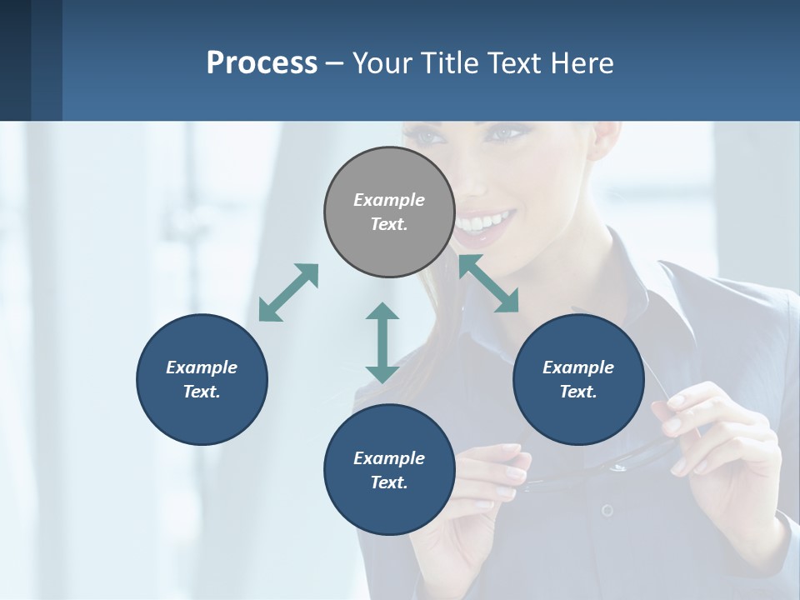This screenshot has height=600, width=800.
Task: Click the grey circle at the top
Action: tap(389, 212)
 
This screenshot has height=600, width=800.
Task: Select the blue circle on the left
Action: tap(202, 379)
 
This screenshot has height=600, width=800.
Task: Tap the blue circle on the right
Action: tap(578, 379)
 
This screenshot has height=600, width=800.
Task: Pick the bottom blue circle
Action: tap(389, 470)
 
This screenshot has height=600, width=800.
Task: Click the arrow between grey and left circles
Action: tap(288, 292)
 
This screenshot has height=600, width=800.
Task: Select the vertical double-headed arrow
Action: tap(382, 342)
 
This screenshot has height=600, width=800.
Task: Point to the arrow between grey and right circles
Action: tap(488, 283)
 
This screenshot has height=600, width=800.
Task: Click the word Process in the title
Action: tap(262, 62)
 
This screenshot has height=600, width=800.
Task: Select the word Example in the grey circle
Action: tap(389, 200)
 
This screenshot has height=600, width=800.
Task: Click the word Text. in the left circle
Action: tap(202, 392)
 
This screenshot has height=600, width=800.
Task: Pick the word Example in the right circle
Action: tap(578, 367)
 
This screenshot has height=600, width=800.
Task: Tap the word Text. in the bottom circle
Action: tap(389, 482)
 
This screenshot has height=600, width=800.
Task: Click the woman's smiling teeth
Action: tap(485, 222)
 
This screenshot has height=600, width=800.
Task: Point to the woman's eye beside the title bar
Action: tap(509, 132)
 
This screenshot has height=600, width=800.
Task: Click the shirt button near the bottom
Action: tap(607, 509)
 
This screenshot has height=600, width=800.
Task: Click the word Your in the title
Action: tap(380, 62)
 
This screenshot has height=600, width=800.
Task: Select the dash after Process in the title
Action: tap(334, 63)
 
